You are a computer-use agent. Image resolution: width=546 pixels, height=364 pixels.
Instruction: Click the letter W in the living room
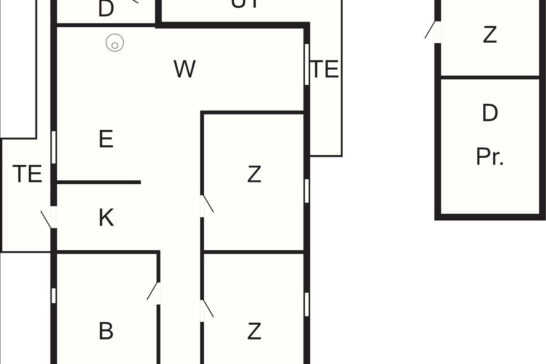tap(185, 69)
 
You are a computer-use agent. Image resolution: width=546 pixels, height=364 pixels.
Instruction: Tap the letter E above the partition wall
tap(106, 139)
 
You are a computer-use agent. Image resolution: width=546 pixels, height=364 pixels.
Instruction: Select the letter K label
tap(106, 218)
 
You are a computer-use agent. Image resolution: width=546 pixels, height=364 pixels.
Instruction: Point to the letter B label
tap(106, 331)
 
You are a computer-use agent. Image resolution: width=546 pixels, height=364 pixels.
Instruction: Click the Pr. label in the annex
tap(490, 157)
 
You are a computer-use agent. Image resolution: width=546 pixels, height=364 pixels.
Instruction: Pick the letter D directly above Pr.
tap(490, 113)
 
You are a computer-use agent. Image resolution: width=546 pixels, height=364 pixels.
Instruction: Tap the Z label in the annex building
tap(490, 35)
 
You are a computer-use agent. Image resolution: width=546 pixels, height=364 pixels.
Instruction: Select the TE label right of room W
tap(325, 69)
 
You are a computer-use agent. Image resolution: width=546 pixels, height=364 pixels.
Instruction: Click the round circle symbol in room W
tap(115, 44)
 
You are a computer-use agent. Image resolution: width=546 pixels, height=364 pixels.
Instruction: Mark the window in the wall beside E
tap(54, 147)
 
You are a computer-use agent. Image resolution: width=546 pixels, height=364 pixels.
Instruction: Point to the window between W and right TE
tap(307, 64)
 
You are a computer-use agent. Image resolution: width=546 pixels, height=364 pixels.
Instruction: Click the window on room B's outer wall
tap(54, 296)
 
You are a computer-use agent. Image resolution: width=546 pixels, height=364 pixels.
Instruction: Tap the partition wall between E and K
tap(99, 182)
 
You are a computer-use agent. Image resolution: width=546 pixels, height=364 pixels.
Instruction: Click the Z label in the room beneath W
tap(254, 174)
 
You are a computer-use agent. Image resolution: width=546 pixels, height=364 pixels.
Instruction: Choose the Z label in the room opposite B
tap(254, 331)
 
